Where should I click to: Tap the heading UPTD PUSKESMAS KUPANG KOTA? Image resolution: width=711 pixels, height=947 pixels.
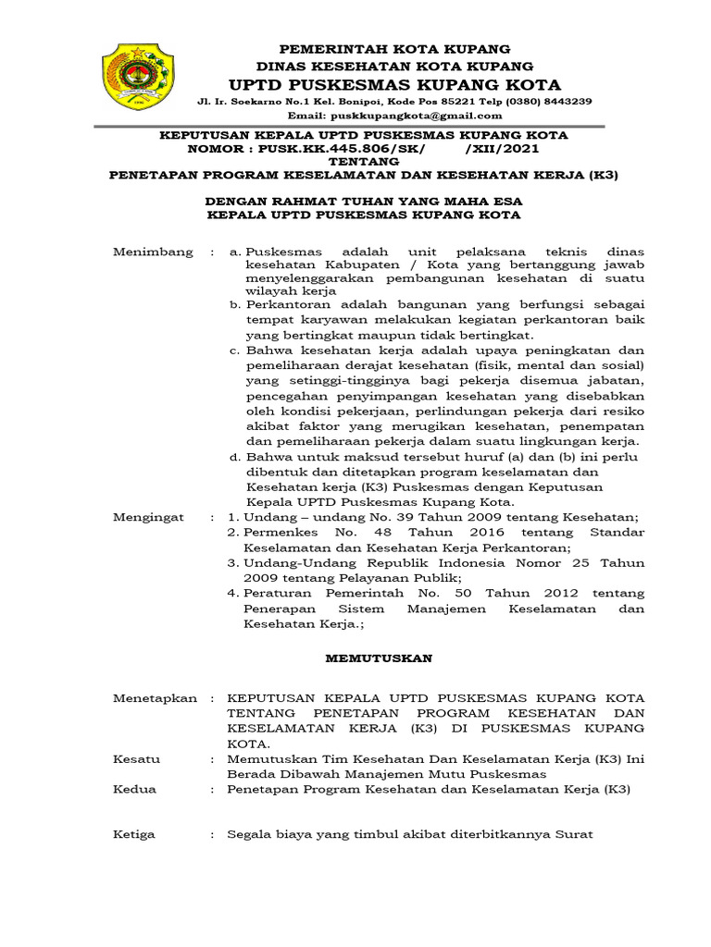(x=395, y=83)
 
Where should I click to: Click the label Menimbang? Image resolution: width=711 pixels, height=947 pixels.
(x=153, y=252)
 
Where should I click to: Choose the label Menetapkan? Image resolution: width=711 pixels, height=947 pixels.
(x=155, y=698)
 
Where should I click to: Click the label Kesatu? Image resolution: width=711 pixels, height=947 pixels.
(x=136, y=758)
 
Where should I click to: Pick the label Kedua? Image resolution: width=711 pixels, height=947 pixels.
(x=134, y=789)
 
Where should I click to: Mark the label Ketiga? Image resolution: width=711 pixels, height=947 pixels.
(x=134, y=834)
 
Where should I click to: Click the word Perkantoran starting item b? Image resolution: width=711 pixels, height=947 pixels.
(x=284, y=304)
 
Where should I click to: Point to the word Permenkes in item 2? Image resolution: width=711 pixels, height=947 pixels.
(x=281, y=534)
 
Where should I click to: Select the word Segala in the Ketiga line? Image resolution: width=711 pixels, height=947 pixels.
(x=251, y=834)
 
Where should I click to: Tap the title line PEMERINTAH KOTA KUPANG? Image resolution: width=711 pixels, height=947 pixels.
(x=395, y=48)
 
